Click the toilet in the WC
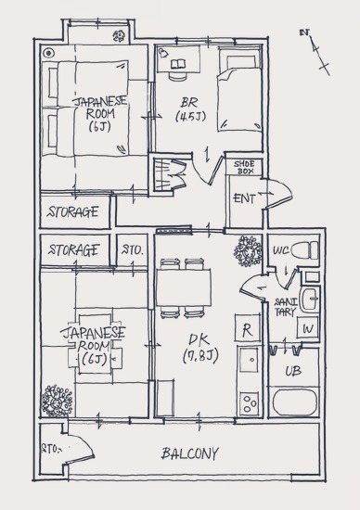[x=304, y=250]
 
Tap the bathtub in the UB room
[x=295, y=402]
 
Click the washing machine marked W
[x=307, y=327]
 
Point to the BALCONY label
[x=190, y=453]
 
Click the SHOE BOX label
[x=244, y=167]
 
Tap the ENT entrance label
[x=244, y=198]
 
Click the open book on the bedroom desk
[x=178, y=63]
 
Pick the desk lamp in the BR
[x=162, y=53]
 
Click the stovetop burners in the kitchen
[x=250, y=403]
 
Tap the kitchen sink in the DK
[x=250, y=360]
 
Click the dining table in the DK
[x=184, y=287]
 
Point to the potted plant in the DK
[x=248, y=251]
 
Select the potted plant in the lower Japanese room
[x=58, y=401]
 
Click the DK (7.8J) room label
[x=199, y=348]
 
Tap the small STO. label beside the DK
[x=132, y=250]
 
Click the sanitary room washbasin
[x=309, y=300]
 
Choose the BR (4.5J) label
[x=191, y=109]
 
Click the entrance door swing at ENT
[x=279, y=194]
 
